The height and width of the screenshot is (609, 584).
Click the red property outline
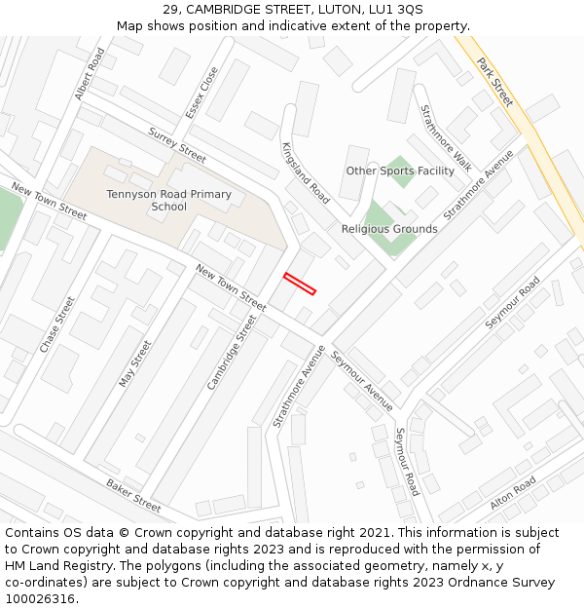pyautogui.click(x=300, y=284)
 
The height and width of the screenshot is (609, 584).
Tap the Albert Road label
pyautogui.click(x=90, y=74)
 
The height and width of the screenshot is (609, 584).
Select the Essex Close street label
pyautogui.click(x=202, y=92)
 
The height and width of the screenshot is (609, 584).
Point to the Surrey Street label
pyautogui.click(x=177, y=145)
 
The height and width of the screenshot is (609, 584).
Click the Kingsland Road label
pyautogui.click(x=306, y=172)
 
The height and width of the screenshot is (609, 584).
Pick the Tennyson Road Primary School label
pyautogui.click(x=169, y=200)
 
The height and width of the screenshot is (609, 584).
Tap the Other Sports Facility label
pyautogui.click(x=400, y=171)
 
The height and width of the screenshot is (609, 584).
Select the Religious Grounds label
pyautogui.click(x=389, y=229)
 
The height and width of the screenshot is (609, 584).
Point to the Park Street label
pyautogui.click(x=494, y=82)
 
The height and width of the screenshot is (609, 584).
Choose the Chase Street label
pyautogui.click(x=57, y=324)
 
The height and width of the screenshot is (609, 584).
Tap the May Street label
pyautogui.click(x=135, y=363)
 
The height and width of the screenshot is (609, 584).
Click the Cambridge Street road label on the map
pyautogui.click(x=232, y=352)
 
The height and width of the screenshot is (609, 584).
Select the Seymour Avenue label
pyautogui.click(x=362, y=380)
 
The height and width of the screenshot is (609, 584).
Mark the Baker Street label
pyautogui.click(x=133, y=495)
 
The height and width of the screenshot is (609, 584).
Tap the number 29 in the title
pyautogui.click(x=171, y=9)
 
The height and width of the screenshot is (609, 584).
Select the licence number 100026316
pyautogui.click(x=42, y=598)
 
